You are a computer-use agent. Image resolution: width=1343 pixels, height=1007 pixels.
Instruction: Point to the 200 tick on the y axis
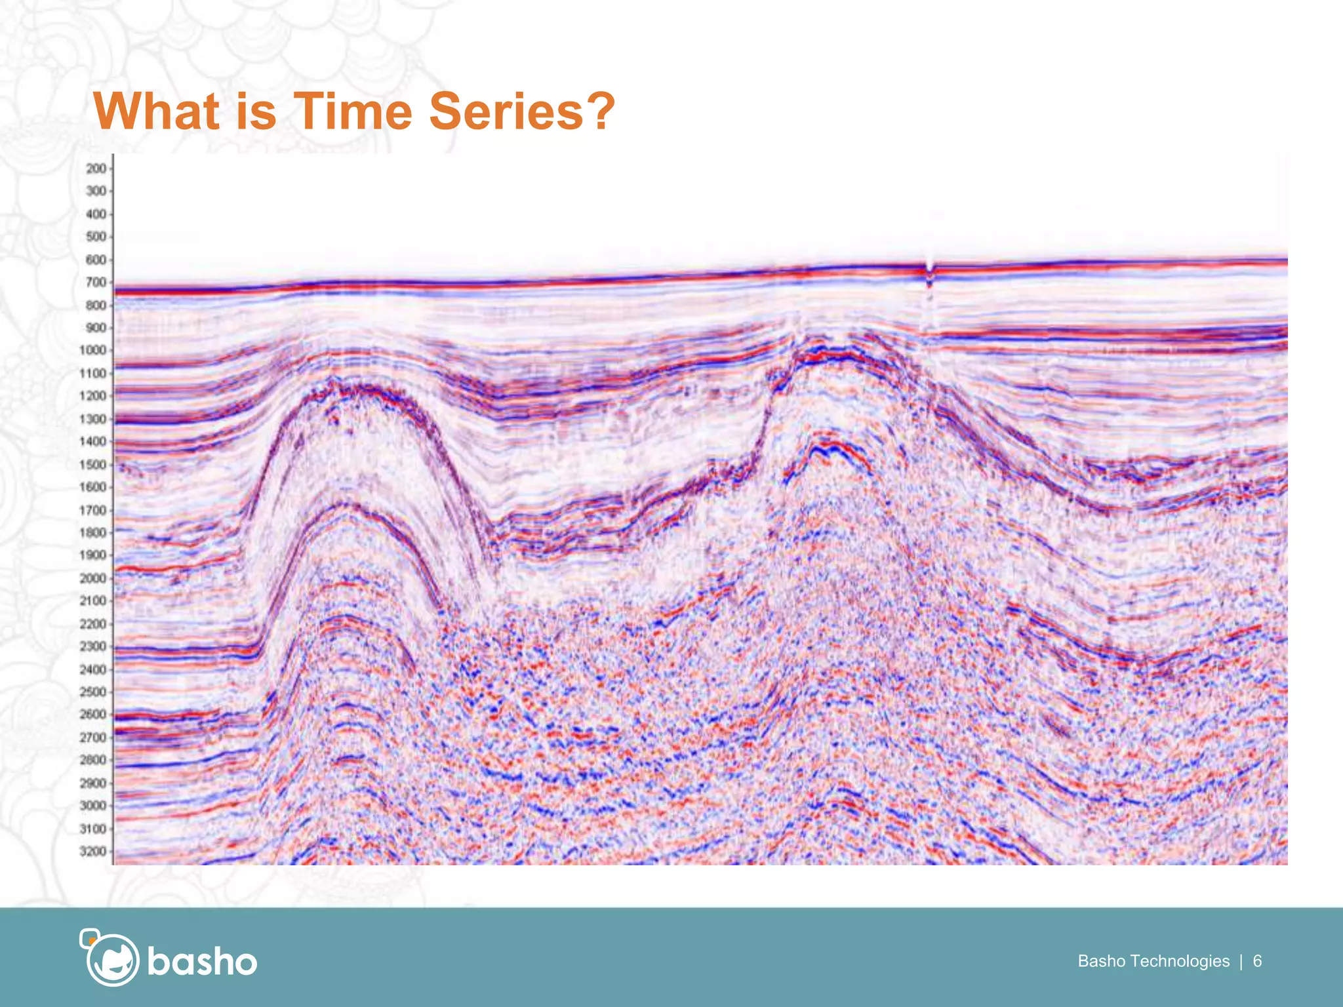click(x=96, y=168)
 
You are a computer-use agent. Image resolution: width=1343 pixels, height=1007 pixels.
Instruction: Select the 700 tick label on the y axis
click(x=96, y=283)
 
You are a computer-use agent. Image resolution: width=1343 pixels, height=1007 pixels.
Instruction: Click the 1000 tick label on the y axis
click(x=92, y=350)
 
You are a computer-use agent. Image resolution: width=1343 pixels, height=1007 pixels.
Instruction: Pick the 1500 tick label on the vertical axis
click(x=92, y=464)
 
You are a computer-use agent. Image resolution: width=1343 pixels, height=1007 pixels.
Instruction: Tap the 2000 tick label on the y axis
click(x=92, y=578)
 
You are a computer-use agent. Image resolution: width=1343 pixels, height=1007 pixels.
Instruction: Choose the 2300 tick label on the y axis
click(x=92, y=646)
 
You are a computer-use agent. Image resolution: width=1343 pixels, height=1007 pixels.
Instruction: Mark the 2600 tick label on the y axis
click(x=92, y=715)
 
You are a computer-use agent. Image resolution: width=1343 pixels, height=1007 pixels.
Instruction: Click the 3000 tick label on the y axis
click(x=92, y=806)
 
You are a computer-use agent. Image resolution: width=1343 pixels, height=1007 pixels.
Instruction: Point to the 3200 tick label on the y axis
click(x=92, y=852)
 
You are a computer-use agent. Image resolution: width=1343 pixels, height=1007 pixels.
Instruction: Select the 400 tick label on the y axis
click(x=96, y=214)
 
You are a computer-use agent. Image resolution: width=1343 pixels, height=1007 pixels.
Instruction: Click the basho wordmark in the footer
click(x=202, y=962)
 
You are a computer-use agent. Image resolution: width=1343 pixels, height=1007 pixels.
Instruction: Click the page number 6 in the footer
click(x=1257, y=961)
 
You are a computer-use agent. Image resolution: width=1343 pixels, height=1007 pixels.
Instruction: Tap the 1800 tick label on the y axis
click(x=92, y=532)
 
